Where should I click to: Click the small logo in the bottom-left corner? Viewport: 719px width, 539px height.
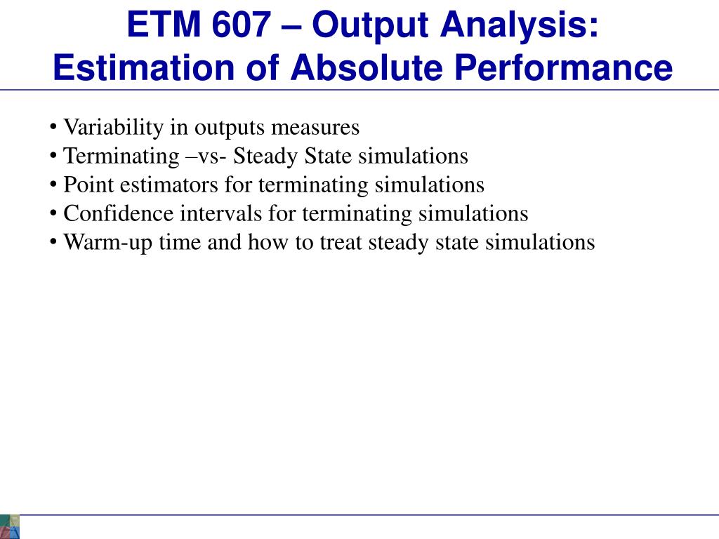point(10,526)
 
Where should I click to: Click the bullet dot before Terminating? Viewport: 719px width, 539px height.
point(54,156)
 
